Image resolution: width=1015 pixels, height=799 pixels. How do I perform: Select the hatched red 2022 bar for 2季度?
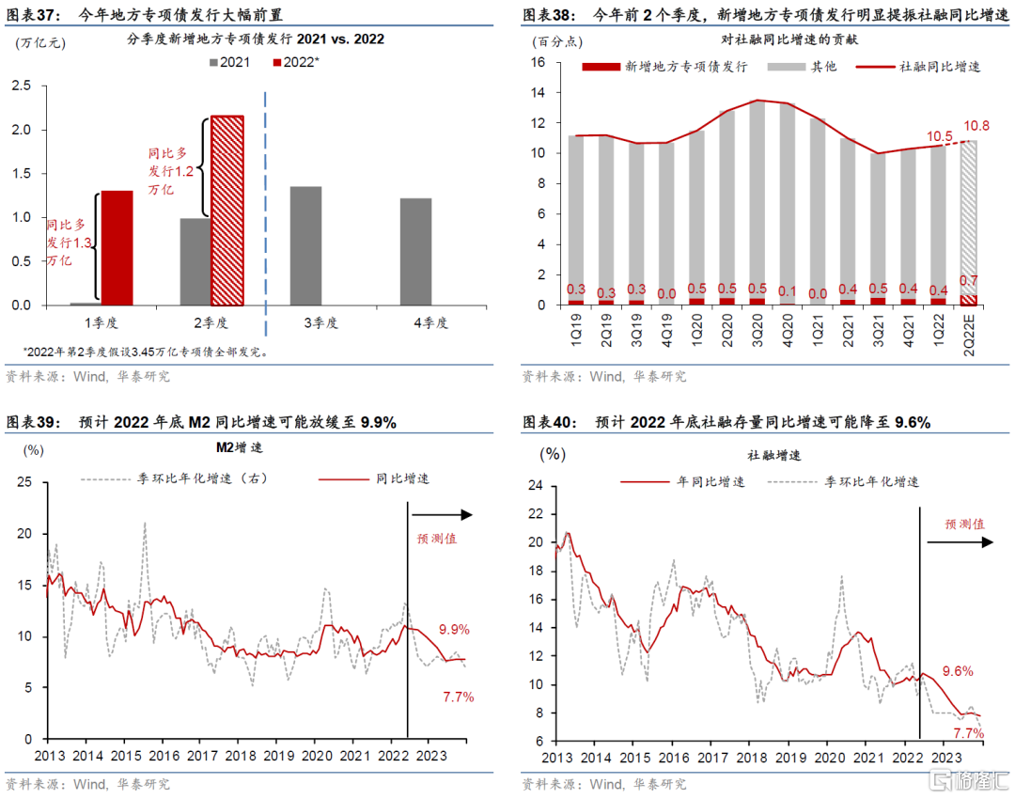pyautogui.click(x=226, y=211)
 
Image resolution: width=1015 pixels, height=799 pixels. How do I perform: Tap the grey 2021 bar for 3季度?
pyautogui.click(x=305, y=245)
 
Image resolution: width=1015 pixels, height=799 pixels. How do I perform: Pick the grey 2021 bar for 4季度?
pyautogui.click(x=415, y=252)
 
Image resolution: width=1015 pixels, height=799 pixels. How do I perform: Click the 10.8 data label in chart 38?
pyautogui.click(x=977, y=126)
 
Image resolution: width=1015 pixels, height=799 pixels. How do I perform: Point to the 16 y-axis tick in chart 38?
pyautogui.click(x=539, y=63)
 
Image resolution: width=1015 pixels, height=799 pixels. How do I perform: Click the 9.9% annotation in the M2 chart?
pyautogui.click(x=454, y=630)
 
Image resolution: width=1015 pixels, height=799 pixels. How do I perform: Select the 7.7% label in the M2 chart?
pyautogui.click(x=458, y=697)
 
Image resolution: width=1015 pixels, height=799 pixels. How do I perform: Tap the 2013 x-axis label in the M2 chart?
pyautogui.click(x=49, y=755)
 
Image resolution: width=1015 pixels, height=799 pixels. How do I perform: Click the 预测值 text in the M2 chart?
pyautogui.click(x=438, y=539)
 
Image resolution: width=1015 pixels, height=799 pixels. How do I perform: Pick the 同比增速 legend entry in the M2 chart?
pyautogui.click(x=398, y=478)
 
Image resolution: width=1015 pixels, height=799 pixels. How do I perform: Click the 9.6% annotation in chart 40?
pyautogui.click(x=957, y=671)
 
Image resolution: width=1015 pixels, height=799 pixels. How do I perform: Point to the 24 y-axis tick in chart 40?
pyautogui.click(x=536, y=485)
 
